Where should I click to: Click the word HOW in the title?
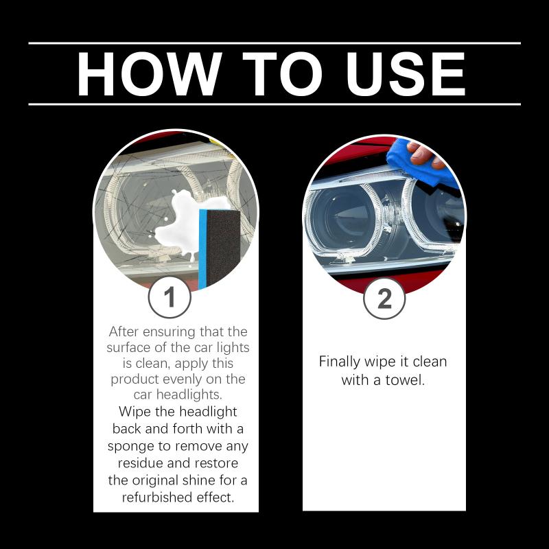(150, 74)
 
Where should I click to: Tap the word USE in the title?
(406, 74)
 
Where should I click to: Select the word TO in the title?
(282, 74)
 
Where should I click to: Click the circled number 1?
(170, 297)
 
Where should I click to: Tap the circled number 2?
(384, 299)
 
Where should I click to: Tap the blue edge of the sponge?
(202, 249)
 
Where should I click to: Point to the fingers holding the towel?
(425, 154)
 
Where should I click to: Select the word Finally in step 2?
(340, 362)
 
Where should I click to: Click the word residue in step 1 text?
(141, 463)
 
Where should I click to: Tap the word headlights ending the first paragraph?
(189, 395)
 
